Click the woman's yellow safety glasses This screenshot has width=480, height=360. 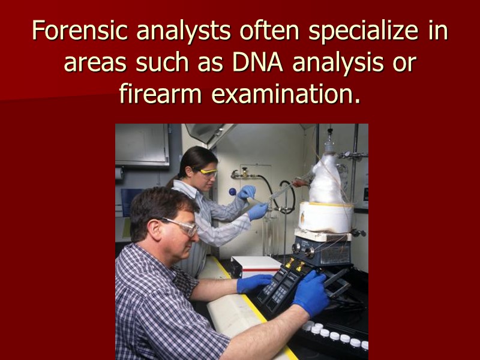pos(208,172)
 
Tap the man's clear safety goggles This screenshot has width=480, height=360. pos(181,226)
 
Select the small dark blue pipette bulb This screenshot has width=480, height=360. pos(232,193)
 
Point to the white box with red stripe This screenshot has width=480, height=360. pos(257,265)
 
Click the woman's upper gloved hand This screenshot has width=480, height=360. pos(247,192)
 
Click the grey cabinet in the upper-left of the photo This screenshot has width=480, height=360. pos(142,145)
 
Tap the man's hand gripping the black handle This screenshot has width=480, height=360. pos(311,293)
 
